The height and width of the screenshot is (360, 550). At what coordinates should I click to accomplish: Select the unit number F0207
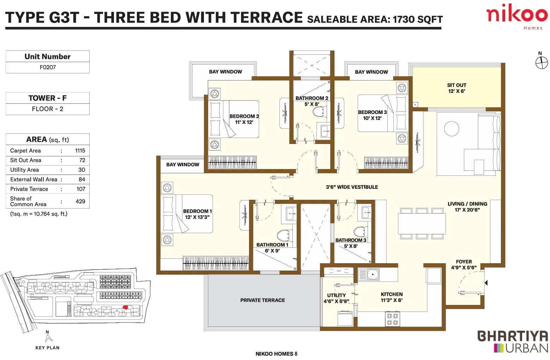(48, 67)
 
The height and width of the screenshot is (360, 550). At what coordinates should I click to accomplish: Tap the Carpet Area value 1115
(80, 151)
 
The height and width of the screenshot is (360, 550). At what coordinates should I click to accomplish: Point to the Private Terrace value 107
(81, 189)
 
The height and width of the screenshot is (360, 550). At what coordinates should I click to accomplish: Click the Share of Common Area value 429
(80, 202)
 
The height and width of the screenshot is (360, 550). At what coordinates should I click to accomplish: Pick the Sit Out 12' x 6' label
(457, 88)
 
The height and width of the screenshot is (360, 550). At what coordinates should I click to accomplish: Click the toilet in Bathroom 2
(320, 112)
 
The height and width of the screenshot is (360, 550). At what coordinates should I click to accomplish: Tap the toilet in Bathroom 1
(285, 235)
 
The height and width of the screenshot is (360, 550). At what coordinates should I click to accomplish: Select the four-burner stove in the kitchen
(392, 319)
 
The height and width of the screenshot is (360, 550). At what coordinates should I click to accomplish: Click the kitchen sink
(369, 274)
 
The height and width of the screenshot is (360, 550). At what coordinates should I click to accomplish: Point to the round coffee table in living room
(451, 128)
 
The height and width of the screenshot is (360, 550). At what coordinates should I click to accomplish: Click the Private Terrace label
(262, 300)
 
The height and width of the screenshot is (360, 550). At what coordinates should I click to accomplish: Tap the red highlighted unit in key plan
(126, 307)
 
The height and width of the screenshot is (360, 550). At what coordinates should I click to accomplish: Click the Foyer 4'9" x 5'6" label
(464, 264)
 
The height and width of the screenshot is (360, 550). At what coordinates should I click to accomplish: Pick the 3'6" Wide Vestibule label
(352, 187)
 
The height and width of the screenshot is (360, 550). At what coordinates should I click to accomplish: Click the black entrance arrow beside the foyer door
(486, 283)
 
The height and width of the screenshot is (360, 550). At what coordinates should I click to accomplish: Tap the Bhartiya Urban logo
(513, 342)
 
